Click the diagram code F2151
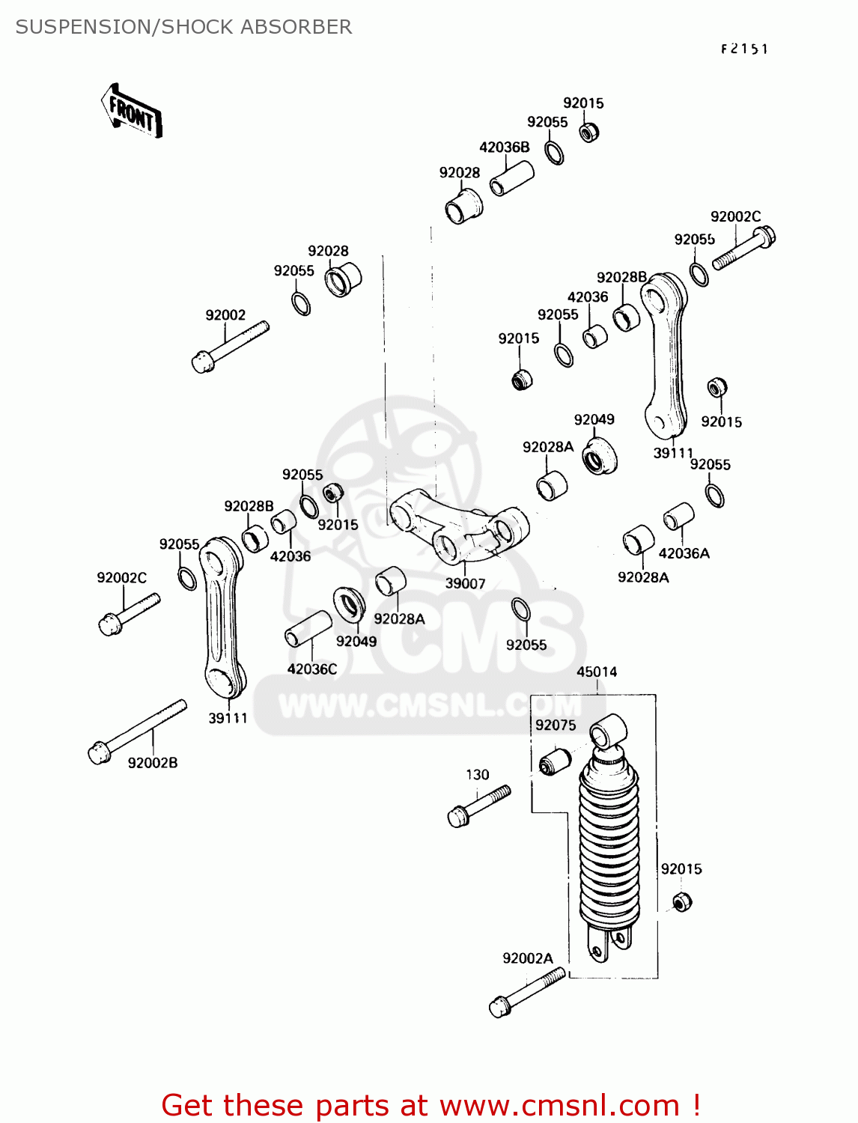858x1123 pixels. (x=744, y=49)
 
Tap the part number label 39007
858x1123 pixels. (x=465, y=583)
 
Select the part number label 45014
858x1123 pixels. (x=597, y=672)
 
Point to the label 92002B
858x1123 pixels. (x=153, y=763)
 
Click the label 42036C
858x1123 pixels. (x=312, y=669)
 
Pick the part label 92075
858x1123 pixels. (x=556, y=725)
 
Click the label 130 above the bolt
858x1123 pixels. (x=478, y=775)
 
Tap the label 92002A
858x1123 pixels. (x=528, y=958)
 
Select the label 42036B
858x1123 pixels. (x=505, y=147)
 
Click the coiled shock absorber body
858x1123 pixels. (x=609, y=846)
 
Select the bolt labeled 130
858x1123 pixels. (x=478, y=805)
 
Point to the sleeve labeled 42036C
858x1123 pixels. (x=308, y=628)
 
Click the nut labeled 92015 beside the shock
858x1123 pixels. (x=681, y=901)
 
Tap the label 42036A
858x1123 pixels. (x=684, y=553)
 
